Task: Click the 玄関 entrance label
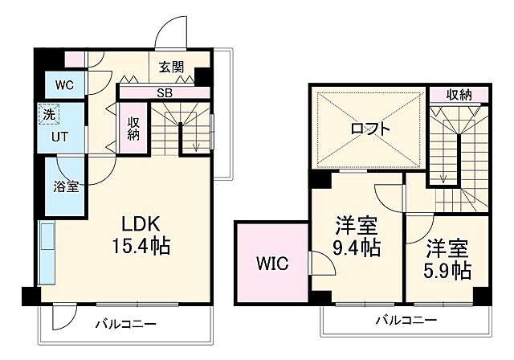[x=171, y=67]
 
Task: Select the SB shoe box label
[x=164, y=92]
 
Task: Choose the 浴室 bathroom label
[x=66, y=187]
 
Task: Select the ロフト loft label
[x=370, y=129]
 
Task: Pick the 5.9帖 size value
[x=448, y=270]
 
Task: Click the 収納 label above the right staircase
[x=459, y=95]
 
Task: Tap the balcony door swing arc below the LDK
[x=62, y=318]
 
